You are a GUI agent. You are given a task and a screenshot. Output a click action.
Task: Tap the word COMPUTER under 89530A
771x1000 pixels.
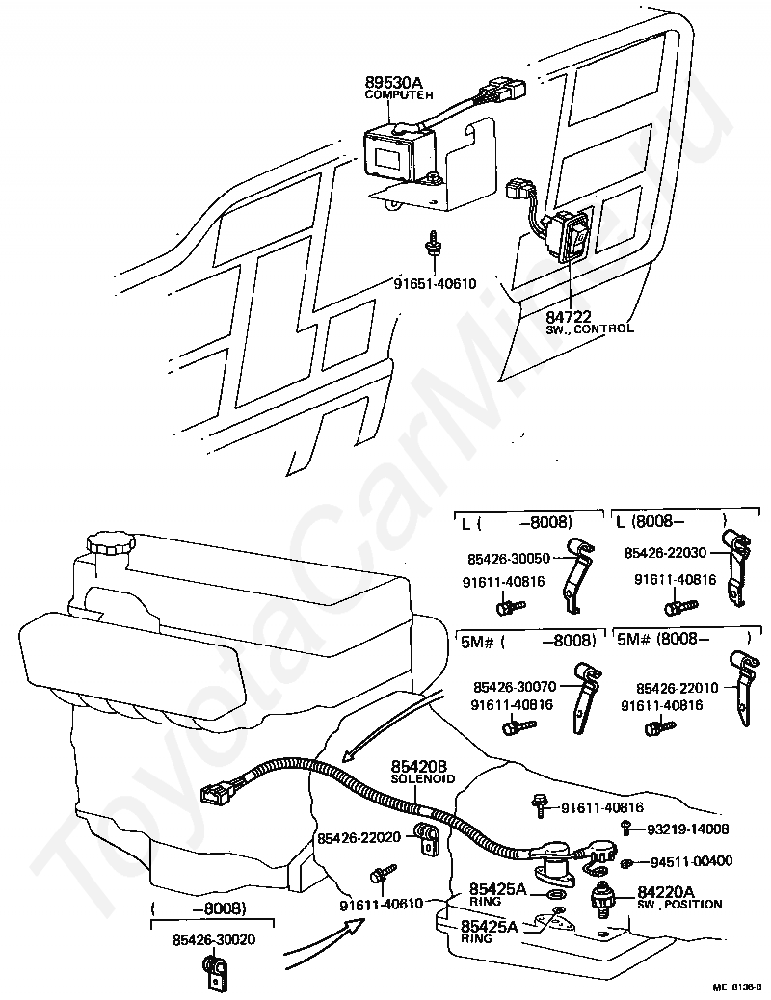[399, 95]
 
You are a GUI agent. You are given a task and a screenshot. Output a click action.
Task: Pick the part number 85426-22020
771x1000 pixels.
[359, 838]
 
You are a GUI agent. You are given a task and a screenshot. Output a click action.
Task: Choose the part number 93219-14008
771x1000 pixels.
[687, 829]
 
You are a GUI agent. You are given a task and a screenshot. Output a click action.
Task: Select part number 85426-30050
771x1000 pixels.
[509, 557]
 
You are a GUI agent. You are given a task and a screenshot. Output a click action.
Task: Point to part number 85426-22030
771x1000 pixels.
[664, 553]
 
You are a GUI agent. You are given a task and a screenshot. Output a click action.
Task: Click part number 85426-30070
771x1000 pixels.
[513, 687]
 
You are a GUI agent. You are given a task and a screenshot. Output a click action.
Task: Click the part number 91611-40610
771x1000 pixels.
[381, 903]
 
